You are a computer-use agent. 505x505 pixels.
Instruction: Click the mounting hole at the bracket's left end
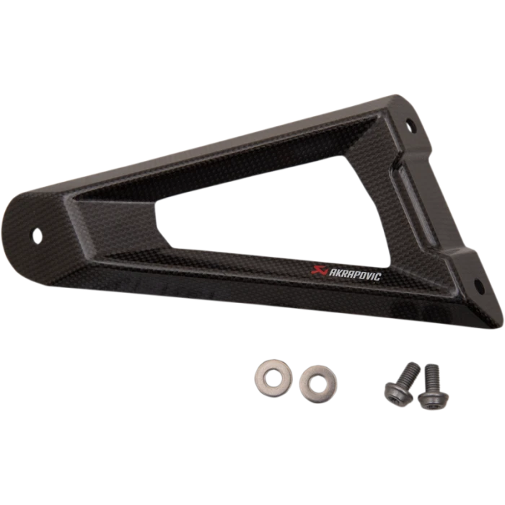pos(38,236)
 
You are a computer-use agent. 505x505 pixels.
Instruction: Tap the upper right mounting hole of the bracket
pos(409,126)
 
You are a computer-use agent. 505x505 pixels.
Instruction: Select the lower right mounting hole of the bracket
pos(479,286)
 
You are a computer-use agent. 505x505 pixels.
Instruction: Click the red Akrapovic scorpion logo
pos(320,271)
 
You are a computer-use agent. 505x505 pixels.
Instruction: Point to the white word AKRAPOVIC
pos(355,275)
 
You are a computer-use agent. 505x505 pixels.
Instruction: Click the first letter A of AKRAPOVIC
pos(332,273)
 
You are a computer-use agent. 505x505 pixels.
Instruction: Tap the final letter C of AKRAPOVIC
pos(378,277)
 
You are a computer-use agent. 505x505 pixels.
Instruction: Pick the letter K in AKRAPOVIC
pos(338,273)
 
